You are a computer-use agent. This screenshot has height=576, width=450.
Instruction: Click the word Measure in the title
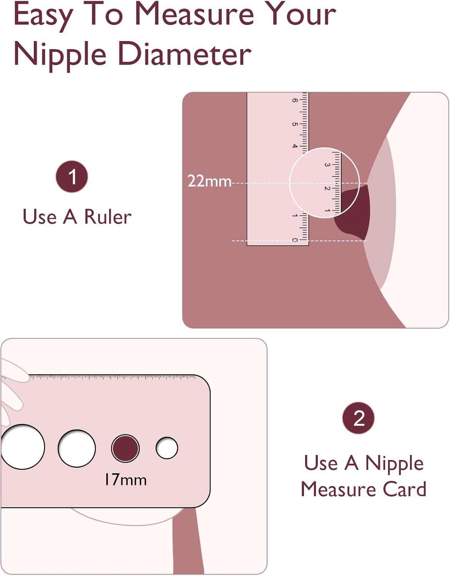pos(195,15)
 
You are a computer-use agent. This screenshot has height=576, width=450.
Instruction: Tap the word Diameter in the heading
pos(184,55)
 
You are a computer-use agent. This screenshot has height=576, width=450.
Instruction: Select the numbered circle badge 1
pos(71,176)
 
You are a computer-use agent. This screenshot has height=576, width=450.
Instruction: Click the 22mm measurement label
pos(209,181)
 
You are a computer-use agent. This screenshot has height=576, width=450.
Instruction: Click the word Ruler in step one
pos(108,217)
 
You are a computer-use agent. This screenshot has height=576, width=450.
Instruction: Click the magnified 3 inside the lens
pos(327,165)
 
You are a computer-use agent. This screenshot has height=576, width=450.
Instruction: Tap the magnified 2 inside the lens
pos(327,188)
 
